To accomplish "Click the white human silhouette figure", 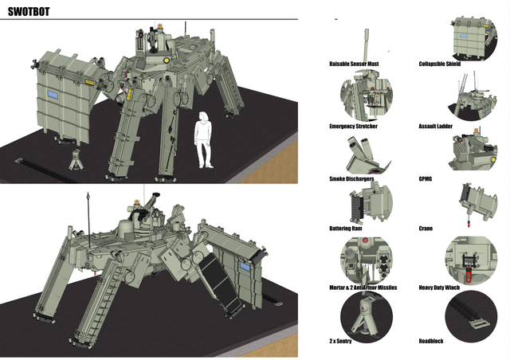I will (205, 139).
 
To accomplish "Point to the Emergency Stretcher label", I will (353, 126).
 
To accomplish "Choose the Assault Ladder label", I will (440, 126).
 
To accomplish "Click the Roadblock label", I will (431, 340).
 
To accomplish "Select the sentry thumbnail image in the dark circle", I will (365, 313).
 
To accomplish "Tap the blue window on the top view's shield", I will (55, 94).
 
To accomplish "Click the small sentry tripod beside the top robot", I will (76, 159).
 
